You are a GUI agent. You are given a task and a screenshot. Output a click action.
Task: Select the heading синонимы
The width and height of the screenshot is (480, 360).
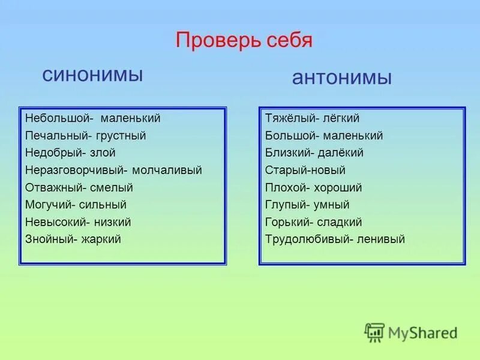click(92, 75)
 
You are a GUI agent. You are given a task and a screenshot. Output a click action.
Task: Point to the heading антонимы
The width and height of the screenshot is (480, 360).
click(342, 78)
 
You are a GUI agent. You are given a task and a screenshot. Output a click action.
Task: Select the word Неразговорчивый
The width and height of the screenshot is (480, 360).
click(71, 170)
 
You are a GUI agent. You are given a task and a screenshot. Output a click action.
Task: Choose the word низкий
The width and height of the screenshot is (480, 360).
click(112, 223)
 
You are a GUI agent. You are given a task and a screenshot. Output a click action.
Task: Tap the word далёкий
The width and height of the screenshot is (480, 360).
click(343, 153)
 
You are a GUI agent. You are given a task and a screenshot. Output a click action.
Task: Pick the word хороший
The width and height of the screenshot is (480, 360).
click(340, 188)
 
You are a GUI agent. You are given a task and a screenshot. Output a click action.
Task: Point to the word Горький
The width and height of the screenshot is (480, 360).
click(287, 223)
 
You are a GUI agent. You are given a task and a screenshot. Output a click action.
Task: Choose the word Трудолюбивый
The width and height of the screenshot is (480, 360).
click(307, 239)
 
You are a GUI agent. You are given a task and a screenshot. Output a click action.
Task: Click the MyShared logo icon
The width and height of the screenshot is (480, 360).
click(374, 332)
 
